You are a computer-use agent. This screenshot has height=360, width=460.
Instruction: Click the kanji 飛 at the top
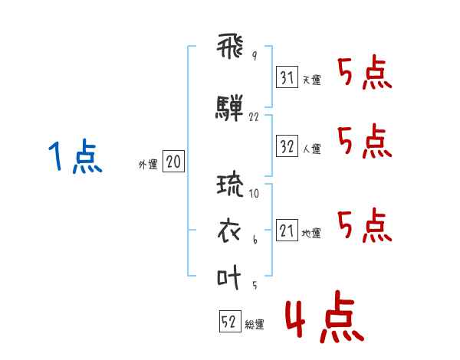pyautogui.click(x=230, y=46)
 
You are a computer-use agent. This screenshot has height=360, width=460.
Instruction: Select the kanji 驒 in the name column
pyautogui.click(x=229, y=108)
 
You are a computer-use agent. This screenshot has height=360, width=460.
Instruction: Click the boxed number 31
pyautogui.click(x=287, y=77)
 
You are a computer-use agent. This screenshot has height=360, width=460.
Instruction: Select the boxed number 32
pyautogui.click(x=287, y=146)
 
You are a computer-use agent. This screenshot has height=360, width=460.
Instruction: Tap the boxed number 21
pyautogui.click(x=287, y=230)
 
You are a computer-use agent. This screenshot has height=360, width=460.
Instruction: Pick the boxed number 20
pyautogui.click(x=173, y=162)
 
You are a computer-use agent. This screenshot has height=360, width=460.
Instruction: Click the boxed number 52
pyautogui.click(x=230, y=321)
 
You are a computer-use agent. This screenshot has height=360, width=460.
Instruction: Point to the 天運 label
pyautogui.click(x=312, y=80)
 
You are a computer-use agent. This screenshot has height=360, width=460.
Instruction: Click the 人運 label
pyautogui.click(x=312, y=149)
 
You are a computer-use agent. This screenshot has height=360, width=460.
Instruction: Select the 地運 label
pyautogui.click(x=311, y=234)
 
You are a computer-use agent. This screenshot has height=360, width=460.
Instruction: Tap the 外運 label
pyautogui.click(x=148, y=165)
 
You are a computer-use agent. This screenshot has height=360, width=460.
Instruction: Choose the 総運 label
pyautogui.click(x=255, y=325)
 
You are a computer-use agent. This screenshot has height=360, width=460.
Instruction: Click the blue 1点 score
pyautogui.click(x=75, y=156)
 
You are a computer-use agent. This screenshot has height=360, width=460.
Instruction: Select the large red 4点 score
pyautogui.click(x=325, y=316)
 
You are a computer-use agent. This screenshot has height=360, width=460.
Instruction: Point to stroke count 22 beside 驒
pyautogui.click(x=254, y=117)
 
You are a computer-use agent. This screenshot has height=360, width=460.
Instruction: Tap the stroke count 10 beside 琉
pyautogui.click(x=254, y=193)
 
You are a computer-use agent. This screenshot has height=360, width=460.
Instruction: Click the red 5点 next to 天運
pyautogui.click(x=365, y=73)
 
